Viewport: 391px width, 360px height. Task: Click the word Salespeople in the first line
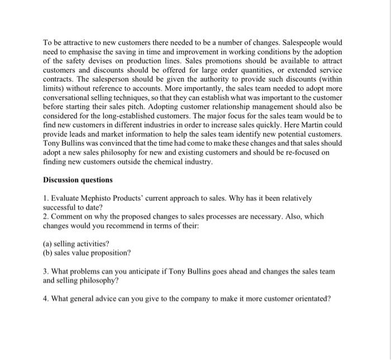click(300, 43)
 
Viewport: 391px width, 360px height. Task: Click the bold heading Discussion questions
click(78, 180)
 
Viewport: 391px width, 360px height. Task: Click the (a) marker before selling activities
click(47, 243)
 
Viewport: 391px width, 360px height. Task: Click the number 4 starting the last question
click(45, 298)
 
